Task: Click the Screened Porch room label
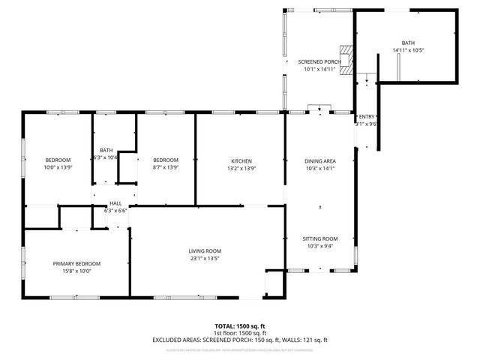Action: pos(319,61)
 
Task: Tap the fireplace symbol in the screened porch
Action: pos(345,60)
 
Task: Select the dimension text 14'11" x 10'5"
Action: pos(407,50)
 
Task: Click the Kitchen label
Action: pos(241,160)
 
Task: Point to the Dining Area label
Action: pos(319,160)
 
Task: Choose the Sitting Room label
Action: pos(319,238)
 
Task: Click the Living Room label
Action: pos(204,250)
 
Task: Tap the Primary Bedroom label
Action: pos(76,263)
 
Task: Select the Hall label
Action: pos(115,203)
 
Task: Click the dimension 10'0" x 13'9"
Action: pos(58,167)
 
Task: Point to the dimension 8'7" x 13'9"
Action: pos(166,167)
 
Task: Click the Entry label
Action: pos(366,117)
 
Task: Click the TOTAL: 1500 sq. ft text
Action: pos(240,325)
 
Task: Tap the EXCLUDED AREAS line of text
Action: pos(240,340)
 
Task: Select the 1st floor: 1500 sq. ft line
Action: pos(240,333)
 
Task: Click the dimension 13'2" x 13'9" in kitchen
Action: pos(241,168)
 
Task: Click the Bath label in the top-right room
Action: pos(407,43)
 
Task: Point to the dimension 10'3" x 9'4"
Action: pos(319,245)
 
